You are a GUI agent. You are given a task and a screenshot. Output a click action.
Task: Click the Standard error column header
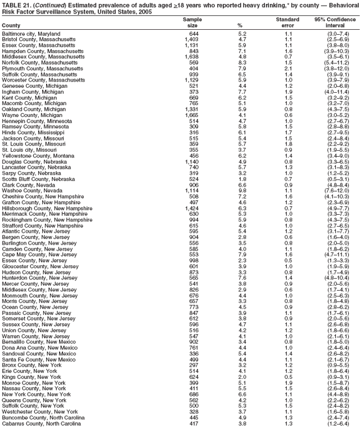pyautogui.click(x=287, y=22)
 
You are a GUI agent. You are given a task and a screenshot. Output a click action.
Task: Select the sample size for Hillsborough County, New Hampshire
pyautogui.click(x=190, y=207)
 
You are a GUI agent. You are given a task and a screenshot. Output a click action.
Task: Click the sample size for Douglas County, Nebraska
pyautogui.click(x=190, y=161)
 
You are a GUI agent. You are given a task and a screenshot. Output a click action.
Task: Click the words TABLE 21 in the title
pyautogui.click(x=17, y=4)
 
